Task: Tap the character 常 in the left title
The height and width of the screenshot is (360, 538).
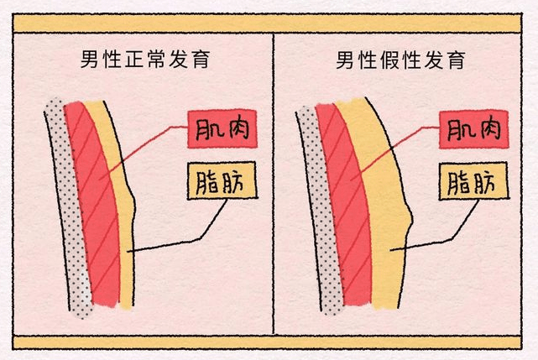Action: (159, 61)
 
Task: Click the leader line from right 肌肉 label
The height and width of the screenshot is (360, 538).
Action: (403, 148)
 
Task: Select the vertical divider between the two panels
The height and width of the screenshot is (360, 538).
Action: (274, 185)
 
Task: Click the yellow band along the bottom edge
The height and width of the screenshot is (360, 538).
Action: (269, 343)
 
